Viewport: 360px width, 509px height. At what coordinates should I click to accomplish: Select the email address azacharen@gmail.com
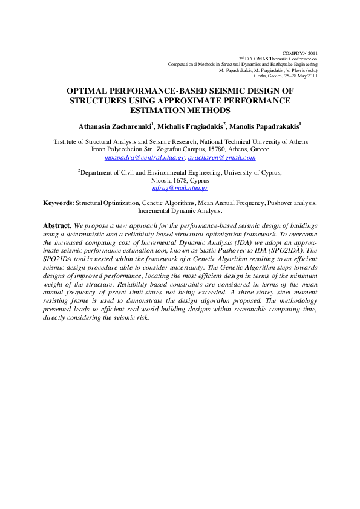coord(221,157)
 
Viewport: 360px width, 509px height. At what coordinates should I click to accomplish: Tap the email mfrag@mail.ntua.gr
coord(180,188)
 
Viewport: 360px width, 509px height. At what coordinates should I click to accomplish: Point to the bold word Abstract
coord(57,225)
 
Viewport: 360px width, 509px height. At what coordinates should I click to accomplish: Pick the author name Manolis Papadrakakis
coord(264,126)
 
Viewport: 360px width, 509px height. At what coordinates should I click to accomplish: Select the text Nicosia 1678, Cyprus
coord(180,180)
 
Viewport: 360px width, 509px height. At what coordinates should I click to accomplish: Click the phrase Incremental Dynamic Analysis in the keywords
coord(180,212)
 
